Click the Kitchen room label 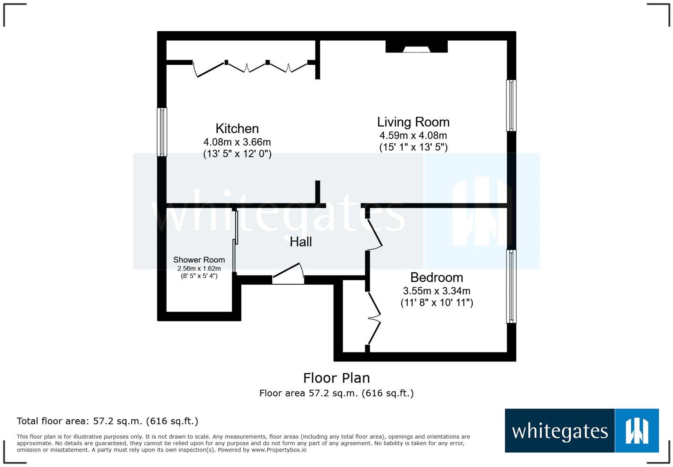click(x=237, y=128)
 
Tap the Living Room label click(x=413, y=122)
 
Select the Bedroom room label click(x=437, y=277)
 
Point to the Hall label click(x=300, y=242)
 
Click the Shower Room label click(x=199, y=260)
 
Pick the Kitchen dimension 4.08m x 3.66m click(x=237, y=142)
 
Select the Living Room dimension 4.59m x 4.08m click(x=413, y=135)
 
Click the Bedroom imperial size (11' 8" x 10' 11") click(x=437, y=303)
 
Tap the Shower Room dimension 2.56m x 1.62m click(x=199, y=268)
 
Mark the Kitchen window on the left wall click(x=162, y=132)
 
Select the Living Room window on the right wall click(x=511, y=105)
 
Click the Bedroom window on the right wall click(x=511, y=286)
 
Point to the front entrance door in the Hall click(x=288, y=275)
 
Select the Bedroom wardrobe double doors click(x=374, y=318)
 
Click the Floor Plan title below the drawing click(x=336, y=378)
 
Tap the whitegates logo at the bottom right click(x=581, y=431)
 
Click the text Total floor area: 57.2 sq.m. click(x=107, y=421)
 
